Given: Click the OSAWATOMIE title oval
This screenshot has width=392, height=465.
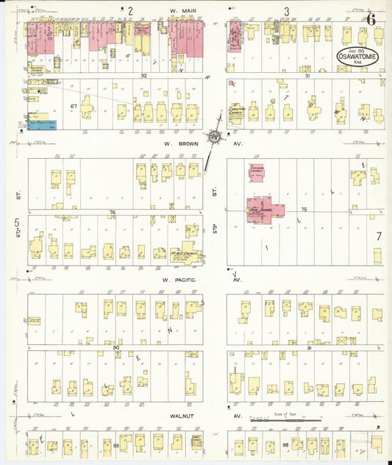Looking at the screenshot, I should [x=358, y=57].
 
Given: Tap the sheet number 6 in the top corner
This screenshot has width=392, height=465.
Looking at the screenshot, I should [x=372, y=19].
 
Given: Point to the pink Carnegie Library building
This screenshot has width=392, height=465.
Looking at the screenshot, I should [x=257, y=173].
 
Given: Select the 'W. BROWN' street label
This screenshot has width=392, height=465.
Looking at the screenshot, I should [x=178, y=145].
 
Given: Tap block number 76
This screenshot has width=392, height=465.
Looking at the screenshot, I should [x=112, y=213].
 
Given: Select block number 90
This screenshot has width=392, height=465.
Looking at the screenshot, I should [x=115, y=346].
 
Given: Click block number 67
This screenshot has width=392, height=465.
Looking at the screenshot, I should [x=74, y=107].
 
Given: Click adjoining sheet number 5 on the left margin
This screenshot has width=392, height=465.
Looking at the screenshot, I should [x=15, y=221].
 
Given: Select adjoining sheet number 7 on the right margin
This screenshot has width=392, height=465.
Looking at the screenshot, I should [x=379, y=236].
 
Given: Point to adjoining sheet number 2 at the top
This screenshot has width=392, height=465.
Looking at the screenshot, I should [x=130, y=10].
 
